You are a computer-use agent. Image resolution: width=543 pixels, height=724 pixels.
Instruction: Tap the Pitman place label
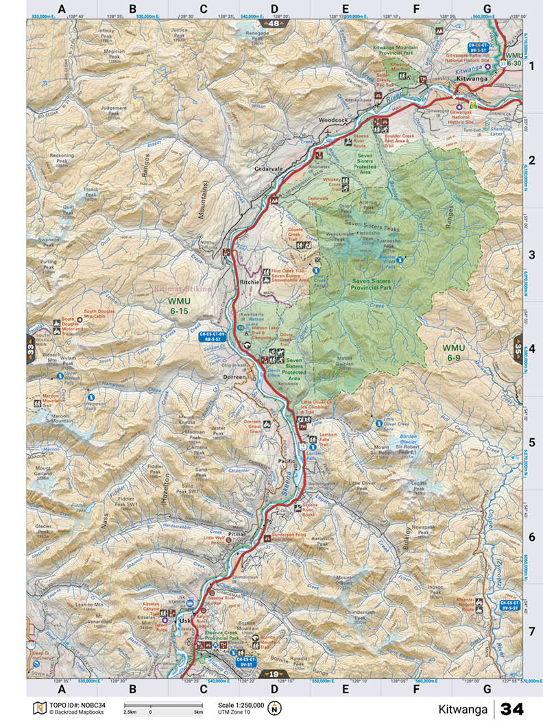pos(237,533)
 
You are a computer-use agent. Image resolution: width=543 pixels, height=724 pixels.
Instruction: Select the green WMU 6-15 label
pos(179,306)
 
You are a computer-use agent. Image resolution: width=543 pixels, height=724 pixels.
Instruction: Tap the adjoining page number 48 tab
pos(274,24)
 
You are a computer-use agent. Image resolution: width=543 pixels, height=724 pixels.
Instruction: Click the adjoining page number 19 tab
pos(274,674)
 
